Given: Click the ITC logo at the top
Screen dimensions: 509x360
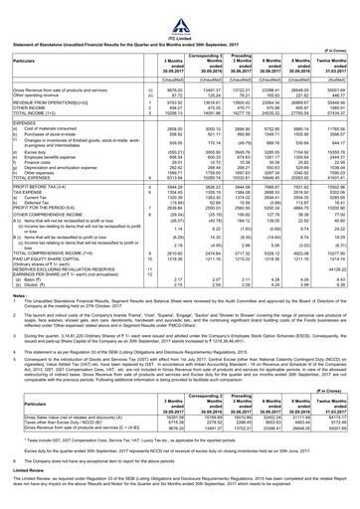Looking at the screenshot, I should (x=180, y=10).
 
